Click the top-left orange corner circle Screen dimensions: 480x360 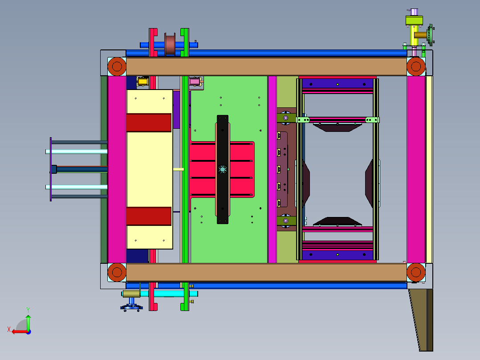(117, 66)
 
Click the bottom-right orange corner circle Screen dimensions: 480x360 (416, 272)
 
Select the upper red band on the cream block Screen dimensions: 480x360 (149, 123)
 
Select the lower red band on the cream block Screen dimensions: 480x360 (149, 216)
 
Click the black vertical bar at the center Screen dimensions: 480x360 (223, 169)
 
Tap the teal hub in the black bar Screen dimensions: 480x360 (223, 169)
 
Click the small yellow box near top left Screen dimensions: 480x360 (142, 81)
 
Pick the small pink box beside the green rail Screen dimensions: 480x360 (195, 82)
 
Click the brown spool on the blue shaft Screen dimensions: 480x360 (170, 45)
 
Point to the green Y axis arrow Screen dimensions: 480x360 (28, 322)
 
